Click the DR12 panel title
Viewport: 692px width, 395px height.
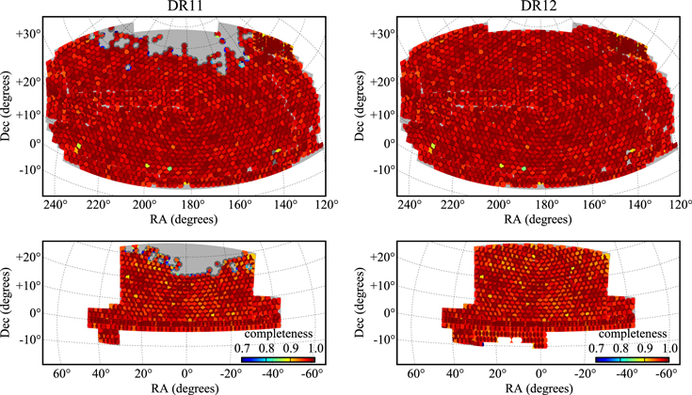click(539, 6)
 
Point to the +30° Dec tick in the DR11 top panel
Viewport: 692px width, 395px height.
click(28, 34)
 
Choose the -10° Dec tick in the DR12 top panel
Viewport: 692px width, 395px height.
click(385, 170)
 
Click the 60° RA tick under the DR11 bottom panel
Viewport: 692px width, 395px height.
click(62, 374)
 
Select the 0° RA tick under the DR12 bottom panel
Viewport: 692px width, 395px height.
click(541, 374)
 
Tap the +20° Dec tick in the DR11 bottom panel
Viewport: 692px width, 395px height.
click(28, 258)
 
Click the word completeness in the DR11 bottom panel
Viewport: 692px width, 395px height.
click(279, 334)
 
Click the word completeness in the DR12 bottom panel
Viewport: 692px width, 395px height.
click(633, 334)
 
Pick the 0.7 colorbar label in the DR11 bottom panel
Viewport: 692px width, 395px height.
click(242, 348)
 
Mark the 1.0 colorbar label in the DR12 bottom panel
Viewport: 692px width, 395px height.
click(669, 348)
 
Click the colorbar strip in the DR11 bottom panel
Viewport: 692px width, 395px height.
click(278, 359)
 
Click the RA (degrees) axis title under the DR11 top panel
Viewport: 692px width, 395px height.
click(184, 218)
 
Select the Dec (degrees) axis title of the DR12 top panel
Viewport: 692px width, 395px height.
click(360, 105)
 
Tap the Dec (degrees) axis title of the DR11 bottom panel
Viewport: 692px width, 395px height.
click(7, 303)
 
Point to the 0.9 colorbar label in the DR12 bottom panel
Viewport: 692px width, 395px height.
click(645, 348)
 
